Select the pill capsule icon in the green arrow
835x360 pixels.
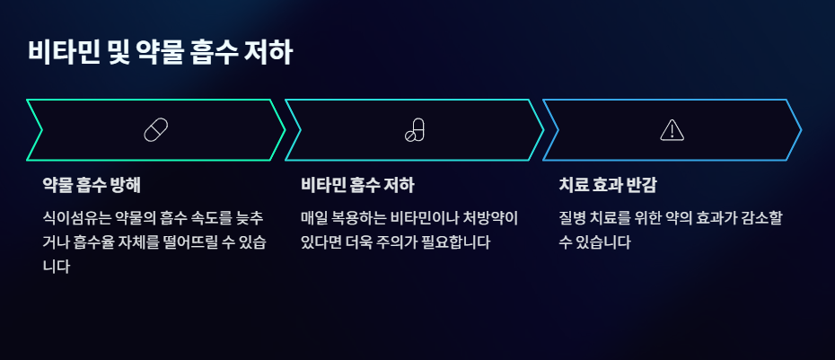click(x=156, y=129)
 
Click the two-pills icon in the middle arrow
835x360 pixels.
click(x=414, y=129)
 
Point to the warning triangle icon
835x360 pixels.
click(x=672, y=130)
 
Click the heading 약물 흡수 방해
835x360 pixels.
click(x=92, y=186)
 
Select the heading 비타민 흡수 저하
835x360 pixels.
click(x=357, y=186)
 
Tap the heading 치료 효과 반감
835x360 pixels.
click(x=608, y=186)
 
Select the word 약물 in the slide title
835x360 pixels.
click(x=160, y=52)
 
